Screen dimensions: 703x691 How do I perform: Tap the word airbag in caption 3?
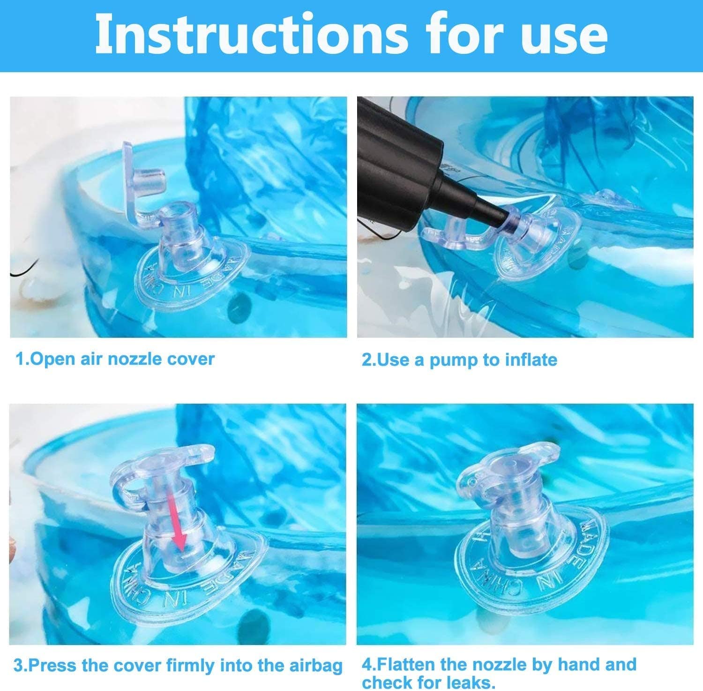(314, 666)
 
